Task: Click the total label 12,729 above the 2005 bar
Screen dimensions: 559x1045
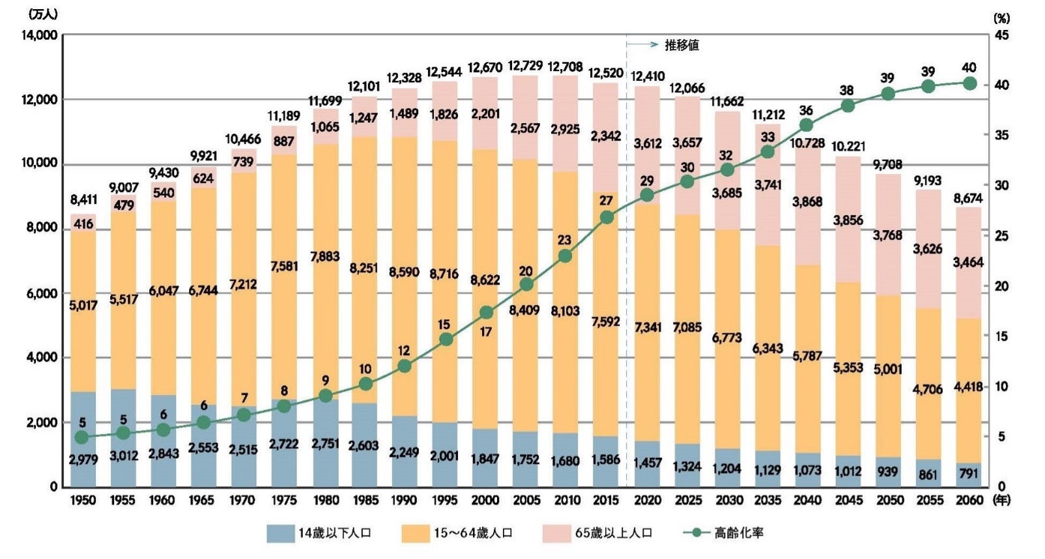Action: (x=524, y=66)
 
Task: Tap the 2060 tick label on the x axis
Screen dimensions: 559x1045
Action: (x=969, y=500)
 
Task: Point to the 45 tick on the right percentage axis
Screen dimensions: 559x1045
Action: (x=1001, y=35)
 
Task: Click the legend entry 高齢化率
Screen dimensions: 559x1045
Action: (x=739, y=533)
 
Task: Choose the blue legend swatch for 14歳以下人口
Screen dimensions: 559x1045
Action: (x=279, y=533)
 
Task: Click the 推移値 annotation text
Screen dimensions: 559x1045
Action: (x=681, y=45)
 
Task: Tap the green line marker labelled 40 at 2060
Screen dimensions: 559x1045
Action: (x=969, y=83)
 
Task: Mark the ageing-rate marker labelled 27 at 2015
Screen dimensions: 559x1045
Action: (x=607, y=217)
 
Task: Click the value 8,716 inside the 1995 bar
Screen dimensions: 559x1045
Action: (x=444, y=274)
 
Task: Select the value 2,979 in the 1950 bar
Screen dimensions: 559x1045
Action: (x=83, y=459)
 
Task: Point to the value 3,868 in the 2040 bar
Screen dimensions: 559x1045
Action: (x=807, y=202)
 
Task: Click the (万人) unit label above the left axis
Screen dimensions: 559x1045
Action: (x=43, y=14)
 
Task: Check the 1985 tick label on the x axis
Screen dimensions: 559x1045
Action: (x=364, y=500)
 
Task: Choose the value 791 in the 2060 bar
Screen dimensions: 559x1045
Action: (x=969, y=474)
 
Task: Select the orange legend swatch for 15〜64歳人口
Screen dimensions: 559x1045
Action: (x=414, y=533)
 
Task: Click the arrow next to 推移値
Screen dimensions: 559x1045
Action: (x=643, y=45)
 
